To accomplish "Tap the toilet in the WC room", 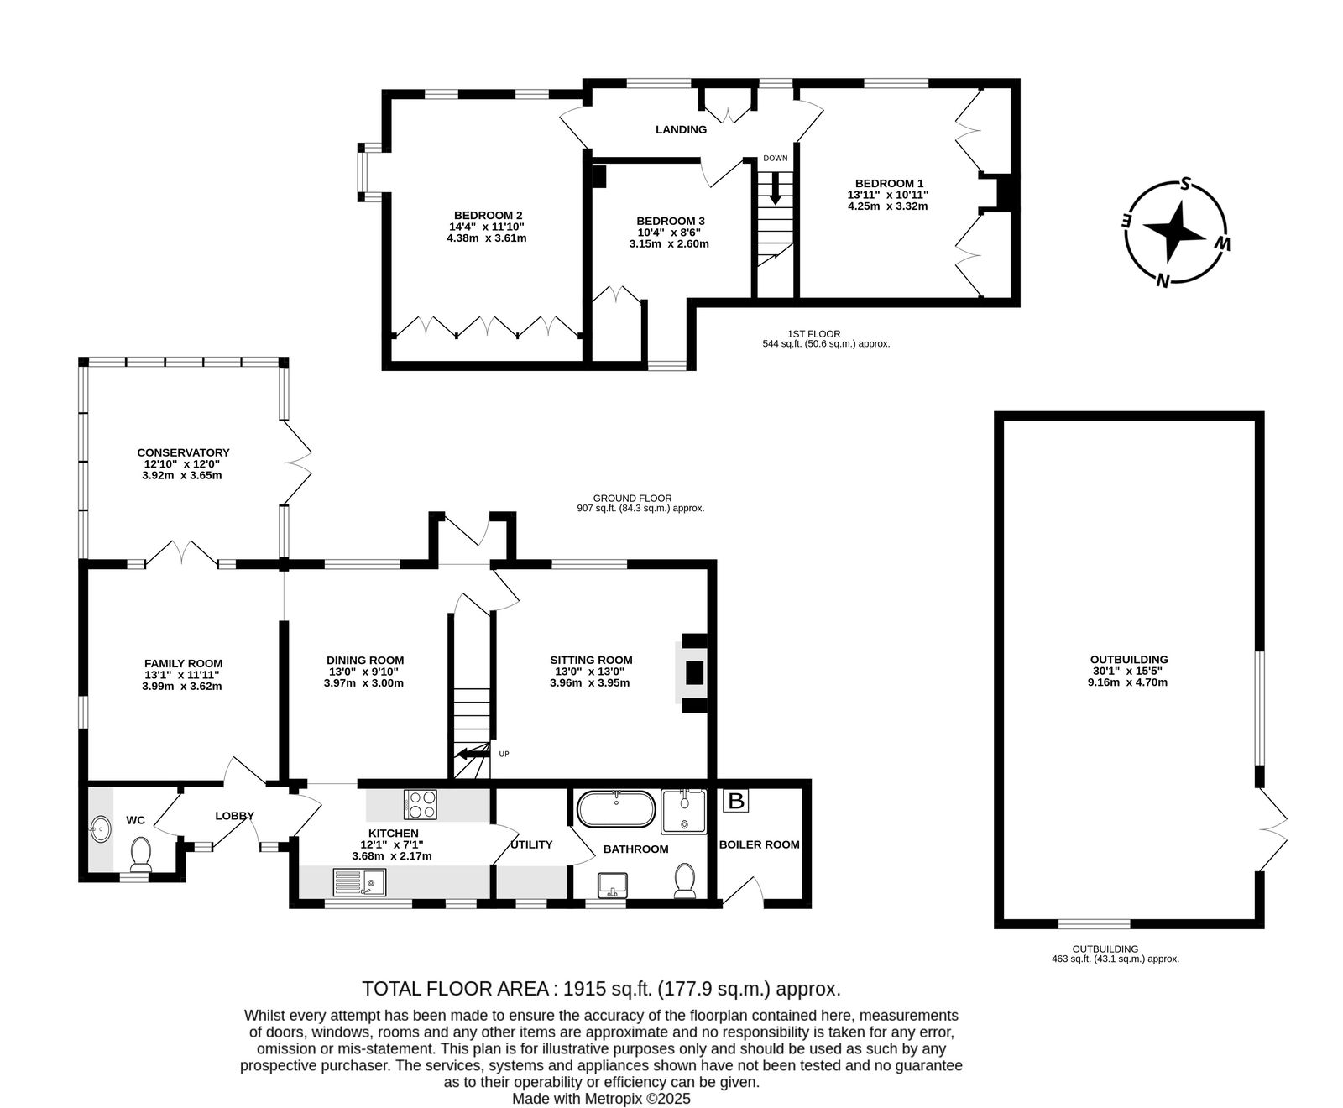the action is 140,854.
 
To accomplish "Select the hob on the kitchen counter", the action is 421,804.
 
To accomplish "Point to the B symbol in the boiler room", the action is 736,801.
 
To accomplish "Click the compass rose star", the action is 1174,233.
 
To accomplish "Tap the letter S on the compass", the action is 1185,184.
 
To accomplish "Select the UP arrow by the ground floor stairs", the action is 471,753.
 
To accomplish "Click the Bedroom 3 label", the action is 670,222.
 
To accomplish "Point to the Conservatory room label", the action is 183,452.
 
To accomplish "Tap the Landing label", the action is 681,129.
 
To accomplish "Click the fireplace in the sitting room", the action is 692,672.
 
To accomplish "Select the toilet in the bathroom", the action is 686,881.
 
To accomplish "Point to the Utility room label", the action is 531,844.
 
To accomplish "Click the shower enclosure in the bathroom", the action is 684,811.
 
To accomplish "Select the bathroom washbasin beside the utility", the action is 614,885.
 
